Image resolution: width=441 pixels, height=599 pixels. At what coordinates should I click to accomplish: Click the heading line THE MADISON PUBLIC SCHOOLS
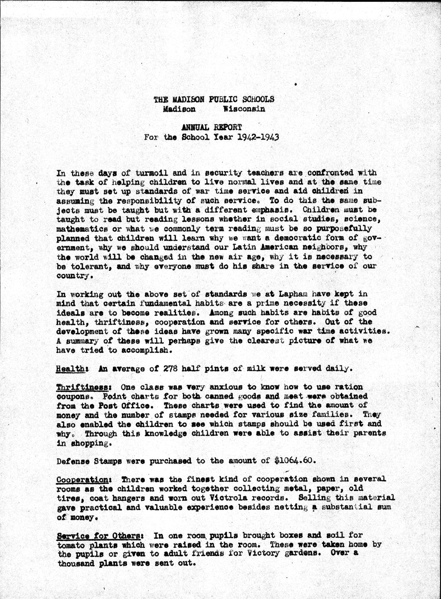(x=214, y=99)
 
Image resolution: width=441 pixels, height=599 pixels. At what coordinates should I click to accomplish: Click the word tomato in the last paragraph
(x=70, y=544)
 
